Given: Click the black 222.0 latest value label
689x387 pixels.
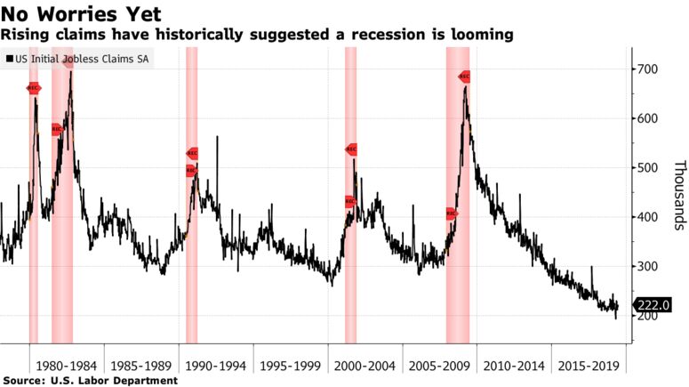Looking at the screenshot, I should pos(653,305).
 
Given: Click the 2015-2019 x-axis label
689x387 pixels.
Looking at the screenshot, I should pos(589,365).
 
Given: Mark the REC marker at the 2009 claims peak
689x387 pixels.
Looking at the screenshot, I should pos(463,77).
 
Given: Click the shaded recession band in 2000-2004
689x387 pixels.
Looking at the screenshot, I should pos(350,267).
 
